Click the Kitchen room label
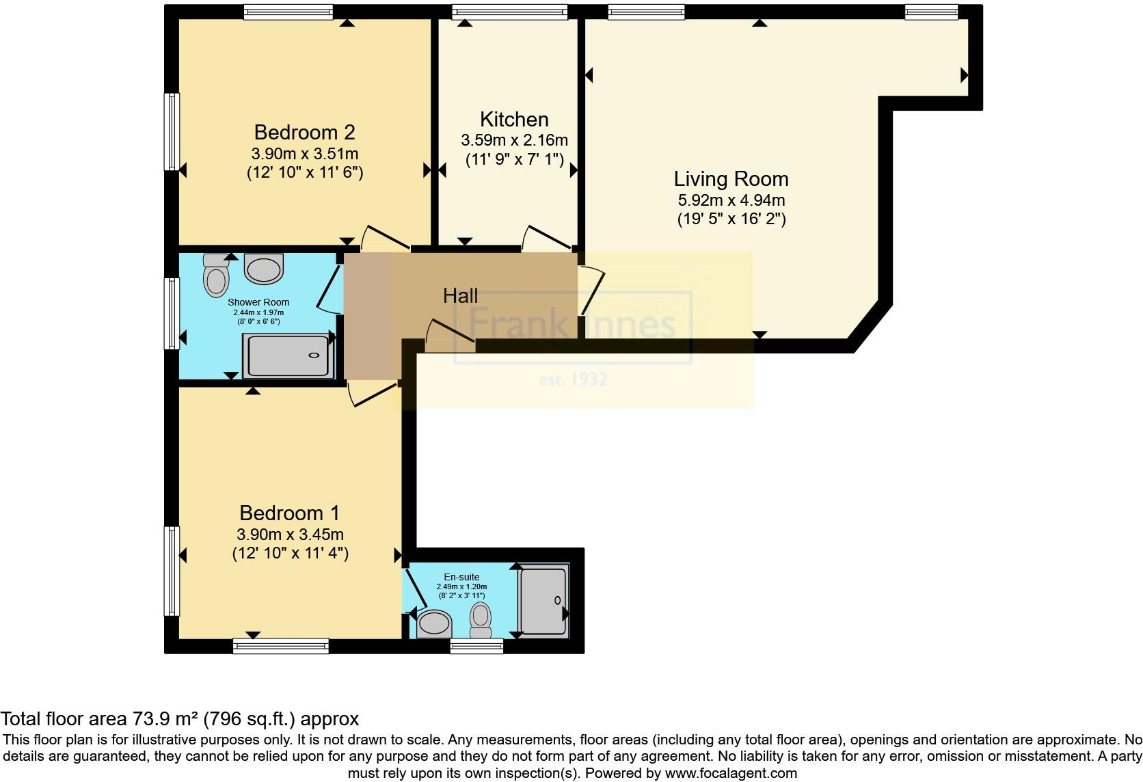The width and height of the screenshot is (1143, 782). [x=514, y=119]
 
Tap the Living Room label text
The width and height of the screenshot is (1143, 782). [x=731, y=179]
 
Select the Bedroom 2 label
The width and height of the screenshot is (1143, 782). [x=304, y=132]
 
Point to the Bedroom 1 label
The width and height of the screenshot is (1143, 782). [x=289, y=513]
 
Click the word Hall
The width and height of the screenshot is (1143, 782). [x=460, y=296]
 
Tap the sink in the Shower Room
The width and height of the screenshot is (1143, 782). [x=264, y=269]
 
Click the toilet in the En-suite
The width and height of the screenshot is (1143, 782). [x=481, y=619]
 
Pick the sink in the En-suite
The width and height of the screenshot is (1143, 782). [x=434, y=623]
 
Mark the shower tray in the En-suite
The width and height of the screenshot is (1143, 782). [x=543, y=600]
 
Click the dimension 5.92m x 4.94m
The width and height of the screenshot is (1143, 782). [x=731, y=201]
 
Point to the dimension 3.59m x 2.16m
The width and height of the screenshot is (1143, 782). [x=514, y=141]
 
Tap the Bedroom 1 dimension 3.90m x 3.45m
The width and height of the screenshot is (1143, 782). [x=290, y=535]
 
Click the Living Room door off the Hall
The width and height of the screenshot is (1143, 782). [x=592, y=291]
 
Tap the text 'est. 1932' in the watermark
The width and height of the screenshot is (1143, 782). [x=573, y=379]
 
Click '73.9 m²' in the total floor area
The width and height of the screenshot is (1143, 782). [x=161, y=718]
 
